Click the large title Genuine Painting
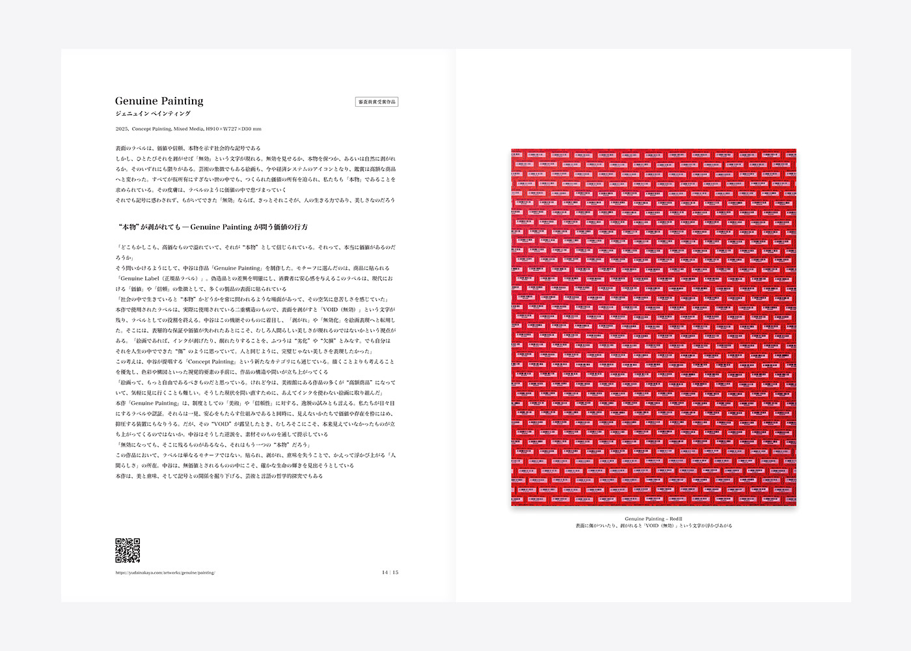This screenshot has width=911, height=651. pos(159,101)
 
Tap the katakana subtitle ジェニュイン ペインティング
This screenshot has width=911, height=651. pos(153,114)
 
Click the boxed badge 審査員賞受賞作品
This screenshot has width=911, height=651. pos(377,102)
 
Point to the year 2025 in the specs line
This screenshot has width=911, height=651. pos(122,129)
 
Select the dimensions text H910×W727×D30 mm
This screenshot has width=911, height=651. pos(234,129)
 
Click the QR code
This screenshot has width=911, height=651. pos(128,550)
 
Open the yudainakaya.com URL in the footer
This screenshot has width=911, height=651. pos(165,573)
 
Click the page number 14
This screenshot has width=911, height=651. pos(385,573)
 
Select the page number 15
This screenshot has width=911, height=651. pos(396,573)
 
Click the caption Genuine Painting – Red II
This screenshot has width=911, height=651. pos(653,519)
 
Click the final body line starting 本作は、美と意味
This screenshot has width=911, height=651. pos(219,477)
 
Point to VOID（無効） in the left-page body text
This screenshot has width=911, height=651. pos(338,310)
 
